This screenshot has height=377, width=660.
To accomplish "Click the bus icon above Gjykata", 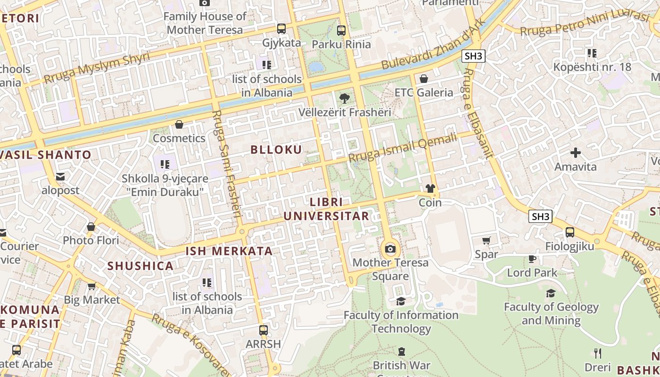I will pos(281,29).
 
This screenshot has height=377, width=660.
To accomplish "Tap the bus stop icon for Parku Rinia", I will pos(341,31).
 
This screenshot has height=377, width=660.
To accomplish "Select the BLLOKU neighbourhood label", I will pos(276,150).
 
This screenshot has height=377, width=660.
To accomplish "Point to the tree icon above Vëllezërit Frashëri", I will pos(345,98).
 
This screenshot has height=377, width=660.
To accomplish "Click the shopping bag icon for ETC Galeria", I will pos(424,79).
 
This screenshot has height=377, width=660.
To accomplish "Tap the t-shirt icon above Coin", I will pos(430,188).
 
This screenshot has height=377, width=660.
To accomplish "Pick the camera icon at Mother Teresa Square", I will pos(390,249).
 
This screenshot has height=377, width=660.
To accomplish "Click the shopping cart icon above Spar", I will pos(487,241).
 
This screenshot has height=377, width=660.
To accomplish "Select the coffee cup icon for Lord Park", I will pos(532,259).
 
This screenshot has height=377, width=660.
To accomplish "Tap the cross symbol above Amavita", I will pos(575,153).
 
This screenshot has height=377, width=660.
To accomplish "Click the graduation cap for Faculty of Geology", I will pos(551,293).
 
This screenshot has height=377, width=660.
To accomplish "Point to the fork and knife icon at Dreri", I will pos(598,353).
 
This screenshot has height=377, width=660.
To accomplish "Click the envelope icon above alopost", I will pos(60,177).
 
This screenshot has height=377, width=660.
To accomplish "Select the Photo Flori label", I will pos(91,240).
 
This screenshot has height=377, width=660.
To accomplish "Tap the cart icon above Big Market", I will pos(92,286).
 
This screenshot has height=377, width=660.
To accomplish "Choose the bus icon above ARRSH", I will pos(264,330).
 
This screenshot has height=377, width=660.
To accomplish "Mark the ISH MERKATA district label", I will pos(229,251).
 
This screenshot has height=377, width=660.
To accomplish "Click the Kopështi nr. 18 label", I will pos(592,67).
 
